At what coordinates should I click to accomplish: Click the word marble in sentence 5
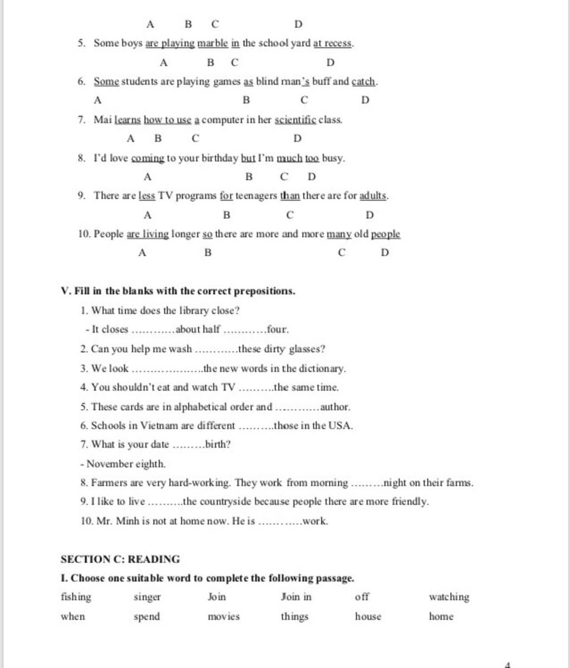click(213, 43)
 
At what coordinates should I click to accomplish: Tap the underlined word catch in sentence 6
click(364, 81)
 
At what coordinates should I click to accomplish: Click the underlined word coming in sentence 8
click(148, 158)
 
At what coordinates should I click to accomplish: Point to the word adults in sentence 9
click(373, 196)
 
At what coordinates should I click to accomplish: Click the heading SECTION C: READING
click(120, 559)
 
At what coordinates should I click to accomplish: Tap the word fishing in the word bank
click(76, 597)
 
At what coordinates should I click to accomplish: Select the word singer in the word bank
click(147, 597)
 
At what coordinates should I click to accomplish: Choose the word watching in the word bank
click(449, 597)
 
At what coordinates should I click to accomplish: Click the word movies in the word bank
click(224, 616)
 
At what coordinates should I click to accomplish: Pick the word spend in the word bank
click(146, 617)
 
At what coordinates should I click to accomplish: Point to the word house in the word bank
click(368, 616)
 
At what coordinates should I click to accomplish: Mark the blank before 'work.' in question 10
click(281, 522)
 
